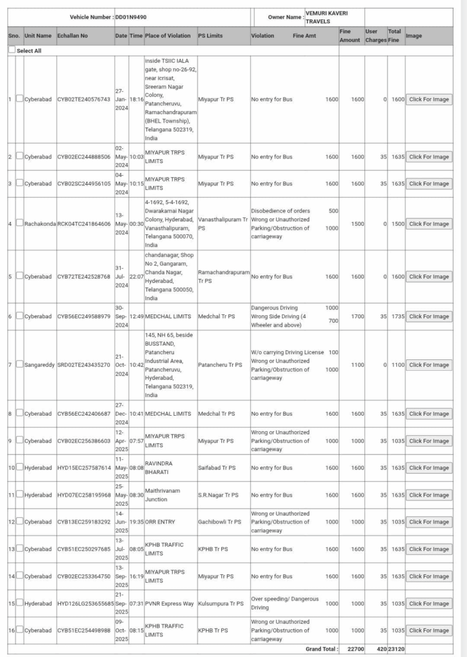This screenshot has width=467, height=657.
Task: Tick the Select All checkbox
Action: pos(12,49)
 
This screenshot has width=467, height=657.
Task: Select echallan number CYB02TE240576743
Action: pos(83,99)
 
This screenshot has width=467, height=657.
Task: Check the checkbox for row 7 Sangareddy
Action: pos(19,364)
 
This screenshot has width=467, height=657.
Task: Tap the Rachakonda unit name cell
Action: pos(40,224)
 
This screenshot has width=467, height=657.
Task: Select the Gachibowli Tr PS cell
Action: pos(219,522)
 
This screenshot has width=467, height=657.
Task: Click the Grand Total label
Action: pos(321,649)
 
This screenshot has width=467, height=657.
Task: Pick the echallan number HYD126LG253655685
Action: pos(85,603)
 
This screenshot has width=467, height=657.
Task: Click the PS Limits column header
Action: pos(210,35)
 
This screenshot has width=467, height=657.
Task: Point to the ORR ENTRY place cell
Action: pos(162,522)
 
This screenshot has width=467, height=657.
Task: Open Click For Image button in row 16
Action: pos(429,630)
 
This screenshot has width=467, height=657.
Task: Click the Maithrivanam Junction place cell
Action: pos(164,495)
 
